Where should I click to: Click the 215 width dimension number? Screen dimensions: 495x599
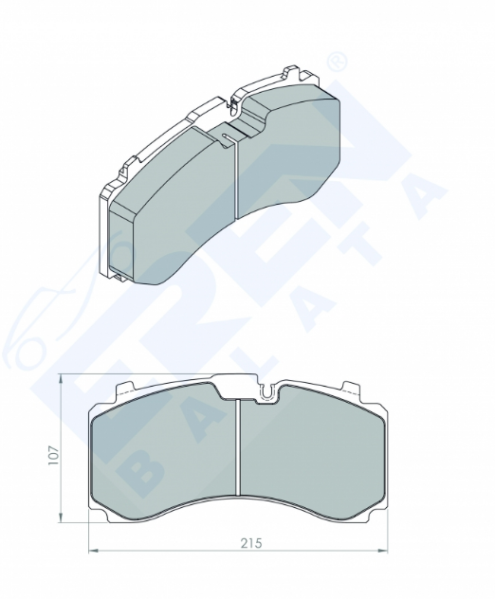[251, 542]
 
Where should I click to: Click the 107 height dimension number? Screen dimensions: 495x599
[53, 455]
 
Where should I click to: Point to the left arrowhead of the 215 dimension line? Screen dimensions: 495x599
[94, 551]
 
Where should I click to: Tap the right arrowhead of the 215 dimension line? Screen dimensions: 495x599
[382, 551]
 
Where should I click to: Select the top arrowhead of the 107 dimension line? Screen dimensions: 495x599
[61, 379]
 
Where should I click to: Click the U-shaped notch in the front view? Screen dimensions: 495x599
[267, 392]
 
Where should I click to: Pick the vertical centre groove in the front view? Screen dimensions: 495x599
[237, 447]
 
